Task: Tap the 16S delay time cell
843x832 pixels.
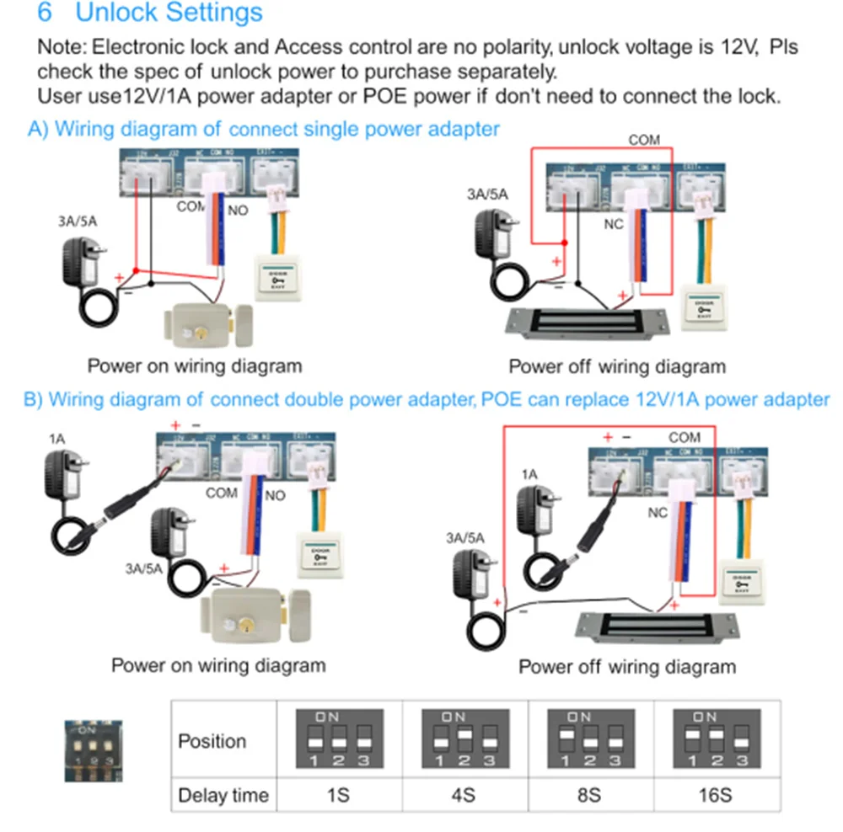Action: coord(717,795)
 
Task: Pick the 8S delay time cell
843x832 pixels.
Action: coord(590,795)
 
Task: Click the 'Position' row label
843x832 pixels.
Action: coord(212,742)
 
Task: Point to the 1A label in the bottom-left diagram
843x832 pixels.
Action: coord(56,439)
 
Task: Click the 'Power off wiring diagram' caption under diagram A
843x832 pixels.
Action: coord(616,367)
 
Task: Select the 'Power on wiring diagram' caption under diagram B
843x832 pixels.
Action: coord(218,665)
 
